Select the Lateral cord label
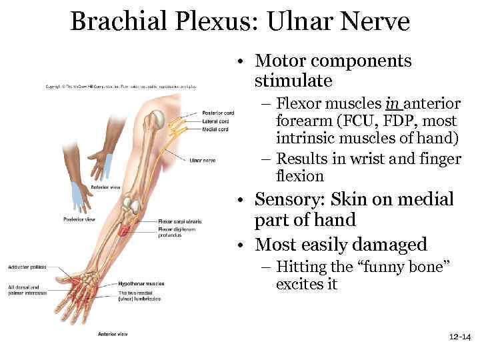(x=215, y=121)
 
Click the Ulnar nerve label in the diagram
(x=202, y=160)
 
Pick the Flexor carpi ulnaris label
(x=179, y=221)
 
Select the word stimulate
(x=293, y=81)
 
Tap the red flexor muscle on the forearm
(x=125, y=231)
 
